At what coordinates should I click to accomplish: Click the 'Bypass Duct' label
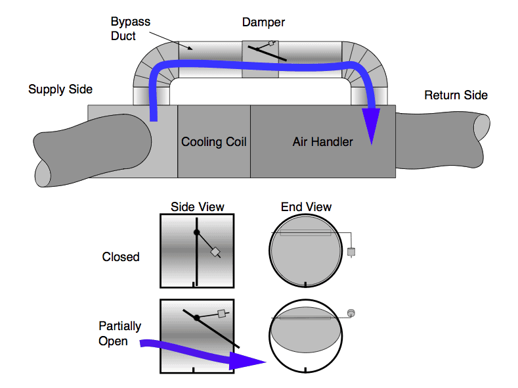click(130, 28)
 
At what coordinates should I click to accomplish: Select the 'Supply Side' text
click(60, 89)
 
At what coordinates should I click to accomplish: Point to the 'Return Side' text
click(456, 95)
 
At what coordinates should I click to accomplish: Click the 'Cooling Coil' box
click(214, 141)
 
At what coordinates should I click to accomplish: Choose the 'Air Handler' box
click(322, 141)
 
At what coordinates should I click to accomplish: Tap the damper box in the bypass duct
click(261, 59)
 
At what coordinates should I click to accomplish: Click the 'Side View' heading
click(197, 206)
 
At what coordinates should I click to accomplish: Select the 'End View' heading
click(306, 206)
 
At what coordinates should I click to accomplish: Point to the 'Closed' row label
click(121, 256)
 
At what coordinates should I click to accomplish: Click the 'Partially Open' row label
click(119, 333)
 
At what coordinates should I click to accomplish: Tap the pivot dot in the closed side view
click(196, 232)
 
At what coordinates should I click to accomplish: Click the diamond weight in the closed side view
click(215, 253)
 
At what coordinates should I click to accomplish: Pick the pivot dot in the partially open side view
click(196, 318)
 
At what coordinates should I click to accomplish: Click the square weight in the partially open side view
click(221, 314)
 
